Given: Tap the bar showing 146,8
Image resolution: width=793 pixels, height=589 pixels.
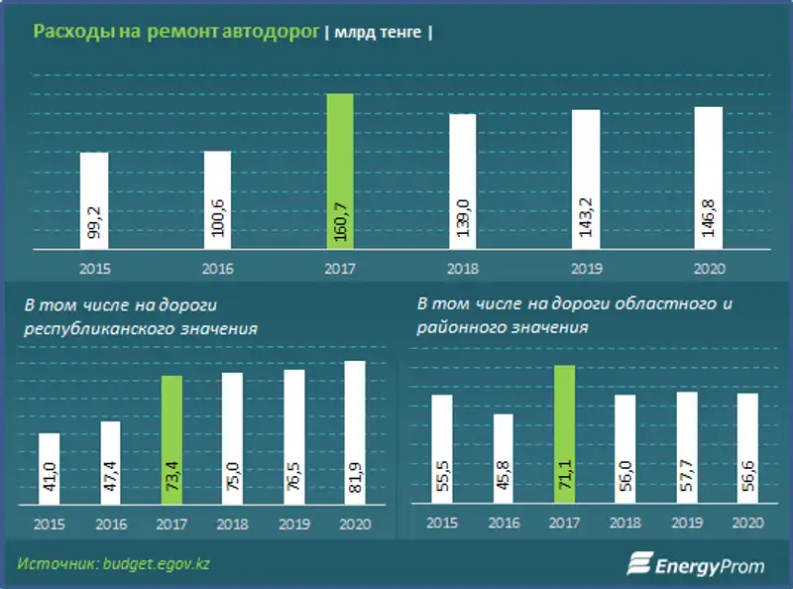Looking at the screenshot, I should (708, 177).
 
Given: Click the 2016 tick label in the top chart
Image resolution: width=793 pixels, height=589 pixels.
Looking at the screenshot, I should (217, 269).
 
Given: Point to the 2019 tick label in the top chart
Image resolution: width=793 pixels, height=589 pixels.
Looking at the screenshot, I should (586, 269).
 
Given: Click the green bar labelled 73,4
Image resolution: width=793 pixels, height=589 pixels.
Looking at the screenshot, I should (171, 440).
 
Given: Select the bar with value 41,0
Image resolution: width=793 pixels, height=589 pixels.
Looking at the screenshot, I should (49, 469).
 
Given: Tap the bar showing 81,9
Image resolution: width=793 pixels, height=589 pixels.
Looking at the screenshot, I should (354, 433).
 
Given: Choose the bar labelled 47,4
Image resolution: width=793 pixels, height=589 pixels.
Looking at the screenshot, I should (110, 463).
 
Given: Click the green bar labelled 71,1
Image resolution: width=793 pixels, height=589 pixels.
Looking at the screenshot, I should (564, 435).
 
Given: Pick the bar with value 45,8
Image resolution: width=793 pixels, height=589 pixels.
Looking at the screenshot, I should (504, 459).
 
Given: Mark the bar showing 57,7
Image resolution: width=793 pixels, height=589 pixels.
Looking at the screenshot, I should (687, 448).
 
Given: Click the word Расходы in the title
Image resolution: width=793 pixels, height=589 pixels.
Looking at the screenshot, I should (65, 32).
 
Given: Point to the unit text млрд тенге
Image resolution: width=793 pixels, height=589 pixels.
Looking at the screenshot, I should (378, 33).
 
